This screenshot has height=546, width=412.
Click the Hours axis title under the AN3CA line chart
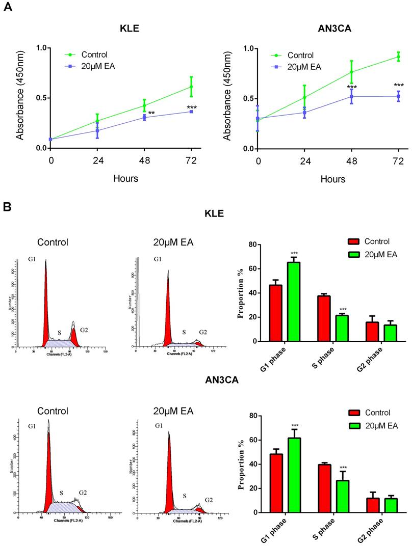332,179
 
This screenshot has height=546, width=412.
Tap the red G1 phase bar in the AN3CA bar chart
276,483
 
